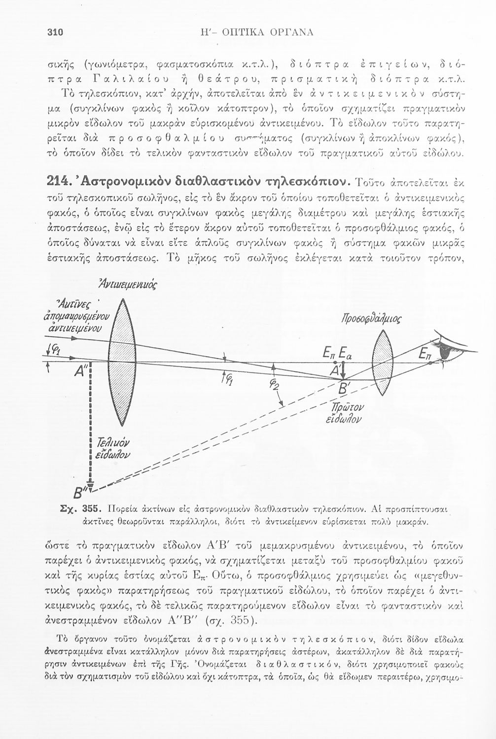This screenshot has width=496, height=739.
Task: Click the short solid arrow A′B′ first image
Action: [x=344, y=369]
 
